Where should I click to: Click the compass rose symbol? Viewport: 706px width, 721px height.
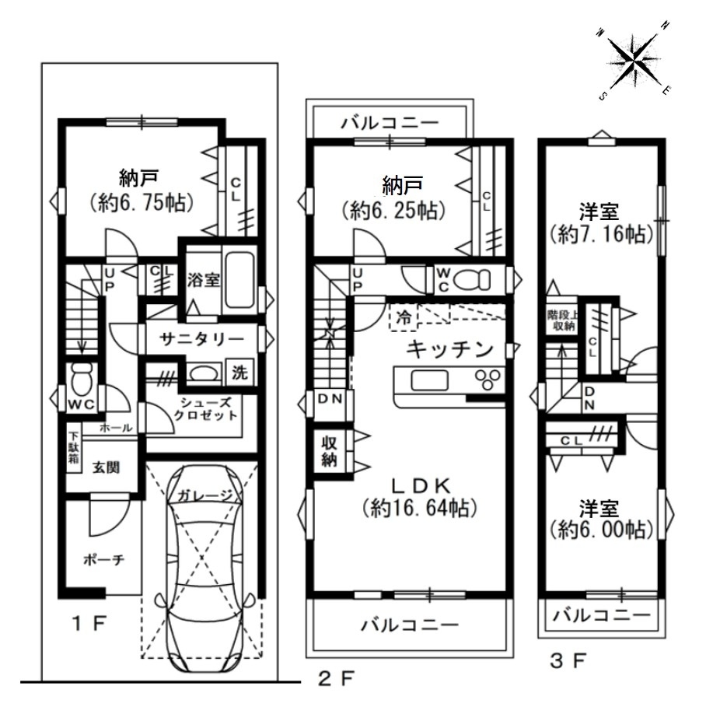pyautogui.click(x=634, y=59)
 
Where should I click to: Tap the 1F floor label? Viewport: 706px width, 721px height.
pyautogui.click(x=89, y=624)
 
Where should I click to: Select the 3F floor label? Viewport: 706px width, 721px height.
pyautogui.click(x=568, y=662)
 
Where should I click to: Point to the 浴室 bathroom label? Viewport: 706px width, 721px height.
pyautogui.click(x=203, y=280)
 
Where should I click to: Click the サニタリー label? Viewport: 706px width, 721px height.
pyautogui.click(x=202, y=340)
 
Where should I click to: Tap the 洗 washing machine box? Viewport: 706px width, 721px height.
pyautogui.click(x=239, y=373)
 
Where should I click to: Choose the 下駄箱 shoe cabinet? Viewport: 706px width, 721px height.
pyautogui.click(x=74, y=446)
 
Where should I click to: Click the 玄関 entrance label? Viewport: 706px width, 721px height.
pyautogui.click(x=107, y=467)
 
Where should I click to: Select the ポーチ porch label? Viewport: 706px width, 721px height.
pyautogui.click(x=104, y=559)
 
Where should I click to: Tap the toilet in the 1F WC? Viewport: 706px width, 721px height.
pyautogui.click(x=82, y=379)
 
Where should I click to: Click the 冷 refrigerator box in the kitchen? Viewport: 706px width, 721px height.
pyautogui.click(x=404, y=317)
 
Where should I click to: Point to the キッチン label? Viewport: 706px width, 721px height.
pyautogui.click(x=450, y=350)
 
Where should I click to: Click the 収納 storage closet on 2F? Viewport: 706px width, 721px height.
pyautogui.click(x=329, y=452)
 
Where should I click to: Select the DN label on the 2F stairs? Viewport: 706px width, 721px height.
pyautogui.click(x=330, y=399)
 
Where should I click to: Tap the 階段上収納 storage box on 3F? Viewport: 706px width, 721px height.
pyautogui.click(x=561, y=320)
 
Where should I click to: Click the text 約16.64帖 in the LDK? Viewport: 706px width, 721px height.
pyautogui.click(x=420, y=509)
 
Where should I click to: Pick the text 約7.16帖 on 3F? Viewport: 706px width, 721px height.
pyautogui.click(x=601, y=235)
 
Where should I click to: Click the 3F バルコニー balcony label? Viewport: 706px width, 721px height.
pyautogui.click(x=601, y=615)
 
